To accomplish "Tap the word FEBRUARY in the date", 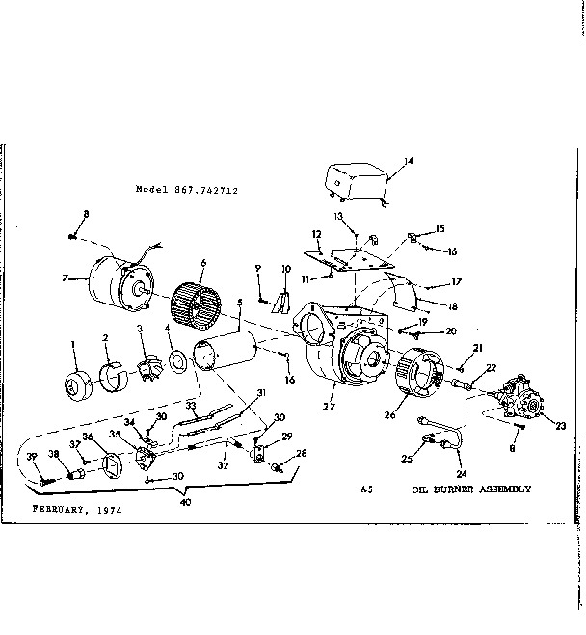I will [x=60, y=507].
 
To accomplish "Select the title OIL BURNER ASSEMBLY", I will [x=471, y=489].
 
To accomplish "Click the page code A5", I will [x=366, y=489].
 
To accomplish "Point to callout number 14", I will [x=408, y=160].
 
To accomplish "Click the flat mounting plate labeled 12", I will [x=348, y=257].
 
